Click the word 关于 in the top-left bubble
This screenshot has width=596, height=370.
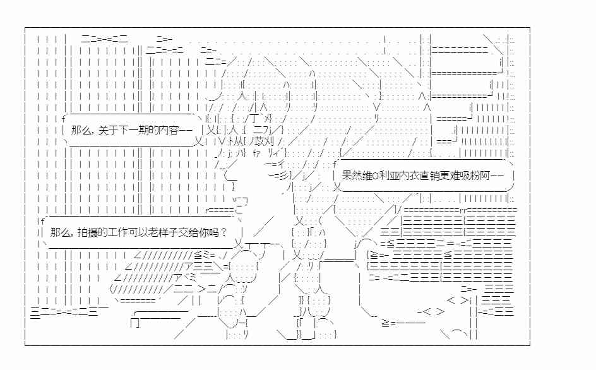point(108,131)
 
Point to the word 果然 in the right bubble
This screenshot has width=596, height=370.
point(351,176)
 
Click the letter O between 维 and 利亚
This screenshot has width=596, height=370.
point(376,176)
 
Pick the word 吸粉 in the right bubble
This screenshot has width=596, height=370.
point(470,176)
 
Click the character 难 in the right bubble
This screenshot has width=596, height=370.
point(455,176)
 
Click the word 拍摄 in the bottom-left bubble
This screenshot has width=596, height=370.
point(87,232)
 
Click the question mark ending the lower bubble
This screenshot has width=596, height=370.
point(224,232)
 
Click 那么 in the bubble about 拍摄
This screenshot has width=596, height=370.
point(60,232)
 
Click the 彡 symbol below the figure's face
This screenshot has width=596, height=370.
point(284,176)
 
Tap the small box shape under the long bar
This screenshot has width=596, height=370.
point(135,323)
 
